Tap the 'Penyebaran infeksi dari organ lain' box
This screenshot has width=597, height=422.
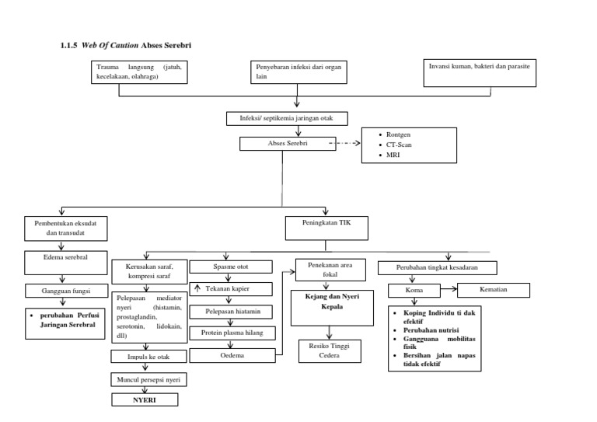point(298,71)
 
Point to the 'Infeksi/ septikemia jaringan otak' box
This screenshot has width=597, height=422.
point(287,118)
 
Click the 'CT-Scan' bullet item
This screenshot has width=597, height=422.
point(402,145)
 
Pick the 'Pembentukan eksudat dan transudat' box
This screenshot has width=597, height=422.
point(65,227)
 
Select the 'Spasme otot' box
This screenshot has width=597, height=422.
point(231,267)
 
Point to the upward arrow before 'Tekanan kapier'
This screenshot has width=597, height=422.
point(197,289)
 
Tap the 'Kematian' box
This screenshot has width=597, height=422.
point(493,290)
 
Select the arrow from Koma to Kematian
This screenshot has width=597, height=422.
point(448,290)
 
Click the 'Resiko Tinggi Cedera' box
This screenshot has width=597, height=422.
point(324,351)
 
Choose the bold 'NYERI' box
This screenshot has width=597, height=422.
point(145,399)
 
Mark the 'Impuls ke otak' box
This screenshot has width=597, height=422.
point(144,358)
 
